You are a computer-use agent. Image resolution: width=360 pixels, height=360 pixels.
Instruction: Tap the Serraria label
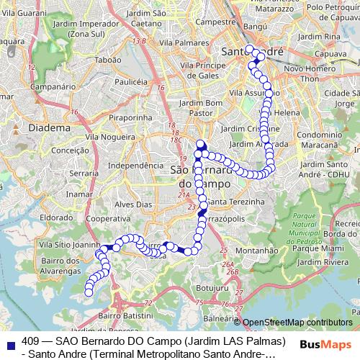click(86, 174)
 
